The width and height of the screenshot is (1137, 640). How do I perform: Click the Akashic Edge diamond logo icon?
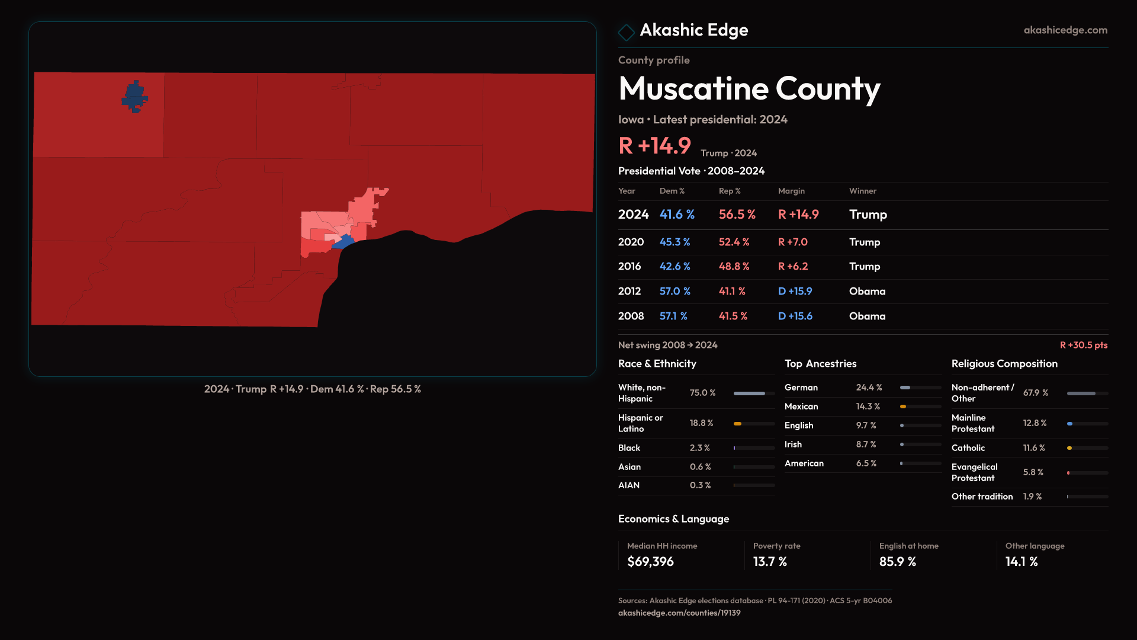626,31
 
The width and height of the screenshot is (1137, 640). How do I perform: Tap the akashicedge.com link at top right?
1065,30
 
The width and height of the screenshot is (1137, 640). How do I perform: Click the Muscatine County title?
749,89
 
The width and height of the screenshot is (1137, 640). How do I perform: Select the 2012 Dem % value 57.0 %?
675,292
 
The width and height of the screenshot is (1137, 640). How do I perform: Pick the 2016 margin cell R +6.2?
792,267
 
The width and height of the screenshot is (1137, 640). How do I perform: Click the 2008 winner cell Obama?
867,316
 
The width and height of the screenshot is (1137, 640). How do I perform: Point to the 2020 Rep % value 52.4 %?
734,242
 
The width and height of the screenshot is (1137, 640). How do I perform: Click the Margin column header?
791,191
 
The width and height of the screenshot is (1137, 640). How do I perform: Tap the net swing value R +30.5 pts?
1083,345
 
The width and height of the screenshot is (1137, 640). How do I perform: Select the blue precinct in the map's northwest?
134,97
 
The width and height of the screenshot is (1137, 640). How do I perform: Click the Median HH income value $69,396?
650,562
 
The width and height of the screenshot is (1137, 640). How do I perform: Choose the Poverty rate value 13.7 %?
770,562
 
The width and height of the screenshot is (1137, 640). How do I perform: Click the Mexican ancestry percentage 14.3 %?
868,407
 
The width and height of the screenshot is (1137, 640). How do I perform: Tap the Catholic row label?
968,448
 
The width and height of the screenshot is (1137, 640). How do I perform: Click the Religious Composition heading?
1004,364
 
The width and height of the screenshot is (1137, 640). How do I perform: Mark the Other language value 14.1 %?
1021,562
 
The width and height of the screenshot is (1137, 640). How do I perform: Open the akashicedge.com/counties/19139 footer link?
679,613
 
